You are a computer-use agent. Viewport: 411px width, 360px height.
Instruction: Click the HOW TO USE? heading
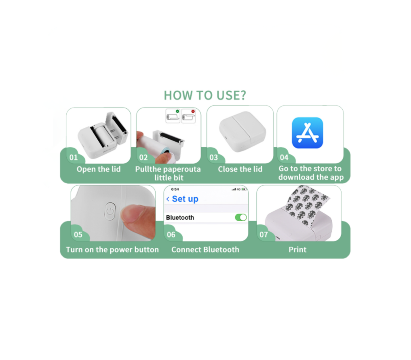(x=205, y=95)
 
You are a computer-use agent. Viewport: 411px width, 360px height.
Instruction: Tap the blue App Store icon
(x=308, y=133)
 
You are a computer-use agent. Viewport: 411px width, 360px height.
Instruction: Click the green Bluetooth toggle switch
(x=241, y=217)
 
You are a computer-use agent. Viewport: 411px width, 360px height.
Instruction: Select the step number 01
(x=74, y=157)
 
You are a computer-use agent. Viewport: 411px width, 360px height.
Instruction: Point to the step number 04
(x=284, y=157)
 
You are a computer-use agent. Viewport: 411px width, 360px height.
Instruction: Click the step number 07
(x=263, y=235)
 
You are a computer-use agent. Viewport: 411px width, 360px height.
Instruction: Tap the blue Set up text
(x=185, y=199)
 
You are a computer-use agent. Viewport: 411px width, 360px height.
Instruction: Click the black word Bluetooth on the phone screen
(x=180, y=218)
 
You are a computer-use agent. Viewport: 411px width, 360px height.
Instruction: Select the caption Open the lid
(x=99, y=169)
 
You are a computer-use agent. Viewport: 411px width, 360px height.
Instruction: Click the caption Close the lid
(x=240, y=169)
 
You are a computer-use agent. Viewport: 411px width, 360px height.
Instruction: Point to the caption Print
(x=297, y=250)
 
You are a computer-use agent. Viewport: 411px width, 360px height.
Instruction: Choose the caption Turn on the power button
(x=112, y=250)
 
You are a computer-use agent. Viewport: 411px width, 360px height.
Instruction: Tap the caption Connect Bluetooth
(x=205, y=250)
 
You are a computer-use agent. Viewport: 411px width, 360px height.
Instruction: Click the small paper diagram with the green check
(x=173, y=116)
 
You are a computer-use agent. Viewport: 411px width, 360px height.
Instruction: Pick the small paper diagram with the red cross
(x=188, y=116)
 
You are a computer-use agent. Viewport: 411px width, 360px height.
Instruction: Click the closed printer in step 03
(x=242, y=131)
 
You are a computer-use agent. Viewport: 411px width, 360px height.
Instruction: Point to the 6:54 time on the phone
(x=175, y=189)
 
